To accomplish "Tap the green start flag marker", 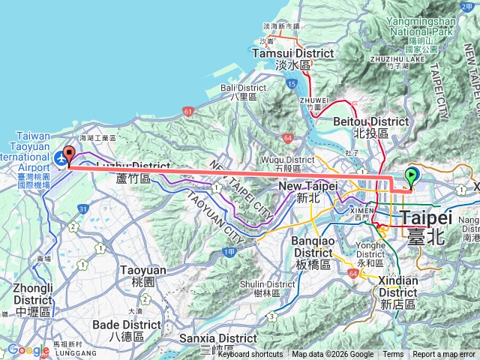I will click(412, 178).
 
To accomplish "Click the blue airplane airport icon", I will click(59, 158).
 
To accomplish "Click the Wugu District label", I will click(287, 159).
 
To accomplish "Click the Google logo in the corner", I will click(28, 349).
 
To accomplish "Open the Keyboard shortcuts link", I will click(250, 355).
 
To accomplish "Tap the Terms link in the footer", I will click(393, 355).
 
